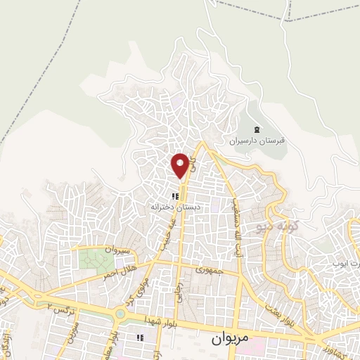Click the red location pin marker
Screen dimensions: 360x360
(x=181, y=165)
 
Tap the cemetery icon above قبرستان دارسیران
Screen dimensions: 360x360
(x=256, y=129)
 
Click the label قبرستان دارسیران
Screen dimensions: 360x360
(x=257, y=141)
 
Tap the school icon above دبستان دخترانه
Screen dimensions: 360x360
(x=174, y=196)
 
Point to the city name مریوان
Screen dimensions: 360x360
(x=230, y=338)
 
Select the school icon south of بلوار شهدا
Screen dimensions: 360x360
(x=141, y=339)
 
